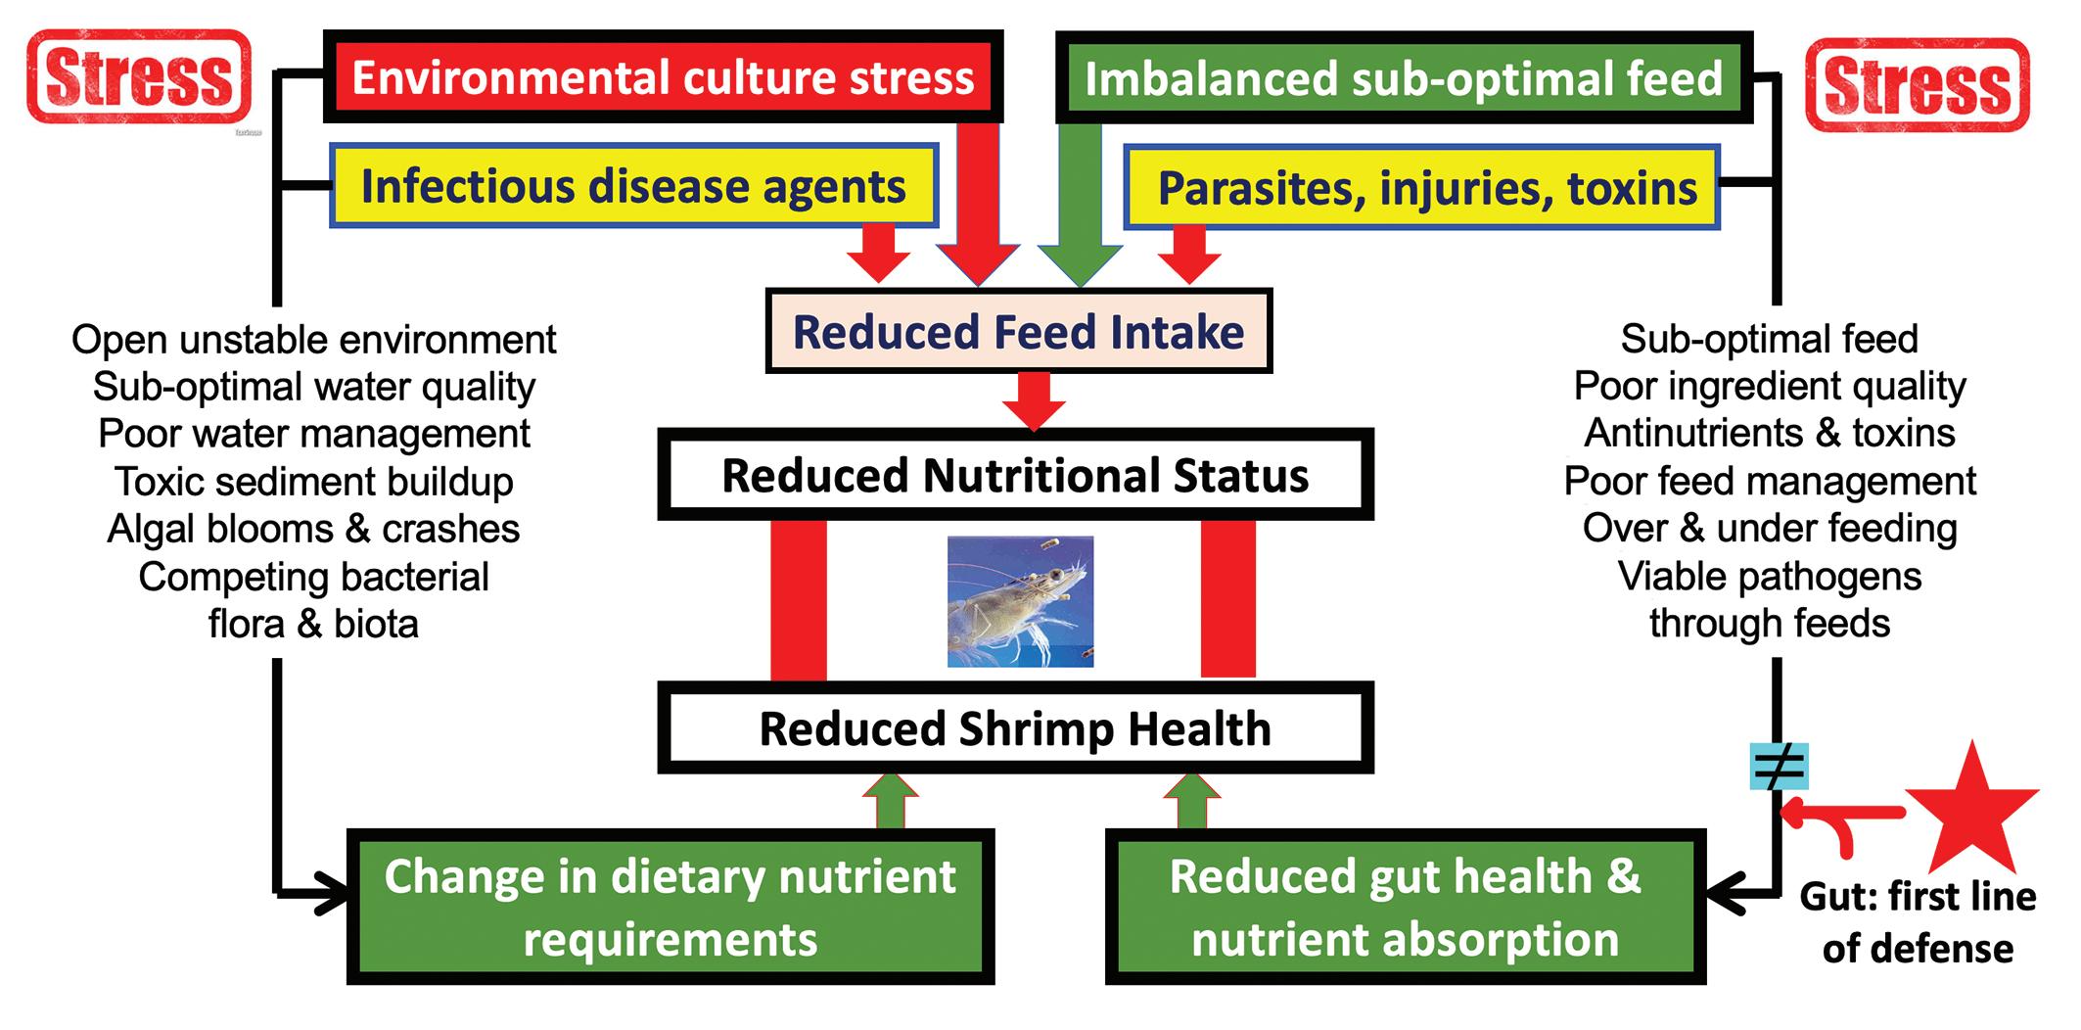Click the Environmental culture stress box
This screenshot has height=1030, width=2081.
663,77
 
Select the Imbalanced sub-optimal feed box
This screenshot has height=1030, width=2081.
1403,78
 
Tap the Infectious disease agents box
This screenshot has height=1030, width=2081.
633,186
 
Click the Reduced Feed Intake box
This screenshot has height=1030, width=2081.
1018,332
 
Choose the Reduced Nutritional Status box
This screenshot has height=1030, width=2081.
1015,476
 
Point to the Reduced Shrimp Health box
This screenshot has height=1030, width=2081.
1015,729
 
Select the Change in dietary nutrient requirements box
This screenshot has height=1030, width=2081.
671,907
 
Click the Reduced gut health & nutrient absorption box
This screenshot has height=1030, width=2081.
1405,907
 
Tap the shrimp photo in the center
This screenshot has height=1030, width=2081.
1020,601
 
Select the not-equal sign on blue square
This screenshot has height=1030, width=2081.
1779,768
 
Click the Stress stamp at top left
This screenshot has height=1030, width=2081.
139,77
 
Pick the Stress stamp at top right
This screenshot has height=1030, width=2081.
1917,84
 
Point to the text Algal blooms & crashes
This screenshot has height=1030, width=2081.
313,529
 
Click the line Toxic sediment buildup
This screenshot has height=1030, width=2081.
313,481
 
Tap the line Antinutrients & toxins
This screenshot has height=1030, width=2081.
1770,433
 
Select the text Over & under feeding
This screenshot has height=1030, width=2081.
1770,528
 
